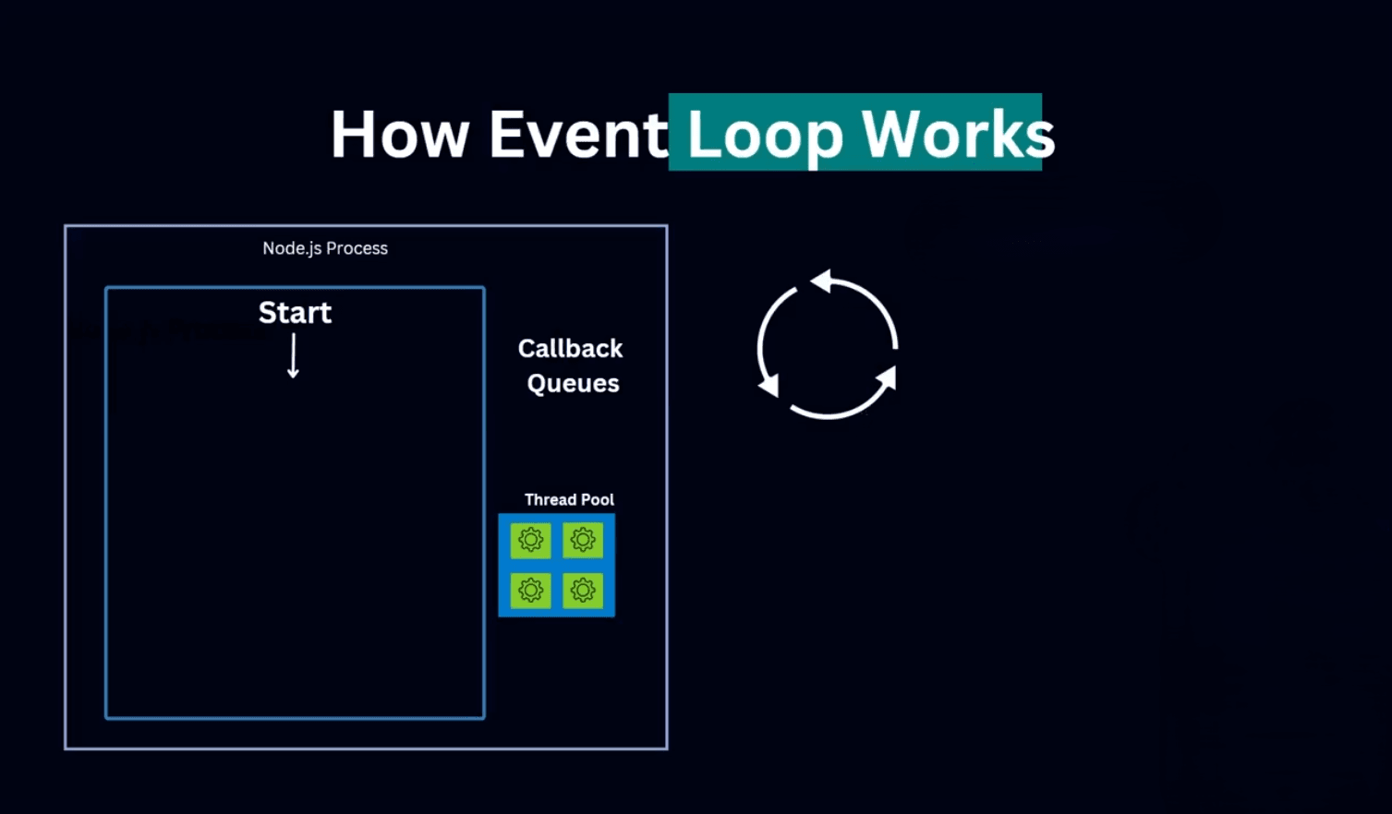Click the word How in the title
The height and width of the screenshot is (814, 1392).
(399, 135)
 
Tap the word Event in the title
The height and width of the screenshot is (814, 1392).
(577, 135)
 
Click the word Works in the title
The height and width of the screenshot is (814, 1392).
(958, 135)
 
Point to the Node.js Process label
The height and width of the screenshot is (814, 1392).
(325, 248)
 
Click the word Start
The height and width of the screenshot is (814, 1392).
(295, 313)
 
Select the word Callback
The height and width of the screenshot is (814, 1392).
(570, 349)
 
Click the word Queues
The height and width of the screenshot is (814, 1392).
(573, 384)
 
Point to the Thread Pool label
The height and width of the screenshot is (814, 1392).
(569, 499)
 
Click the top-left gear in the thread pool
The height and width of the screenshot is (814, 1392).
(531, 540)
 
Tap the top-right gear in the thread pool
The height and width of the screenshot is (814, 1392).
(583, 540)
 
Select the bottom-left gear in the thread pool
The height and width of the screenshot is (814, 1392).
(531, 590)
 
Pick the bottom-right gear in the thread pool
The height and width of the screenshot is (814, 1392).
(583, 590)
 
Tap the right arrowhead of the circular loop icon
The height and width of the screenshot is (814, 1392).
(887, 377)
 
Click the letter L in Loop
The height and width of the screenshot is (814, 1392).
(704, 135)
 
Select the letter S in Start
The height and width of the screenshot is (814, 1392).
(268, 313)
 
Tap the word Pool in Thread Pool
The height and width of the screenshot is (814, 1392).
(598, 499)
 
